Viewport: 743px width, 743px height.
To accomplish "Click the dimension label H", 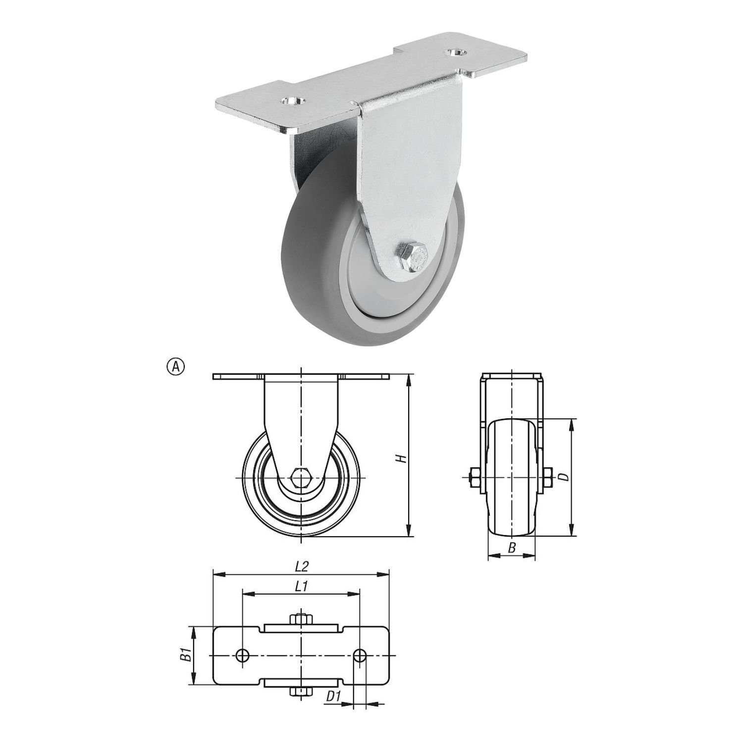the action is click(403, 458).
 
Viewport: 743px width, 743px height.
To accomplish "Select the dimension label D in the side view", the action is click(563, 477).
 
